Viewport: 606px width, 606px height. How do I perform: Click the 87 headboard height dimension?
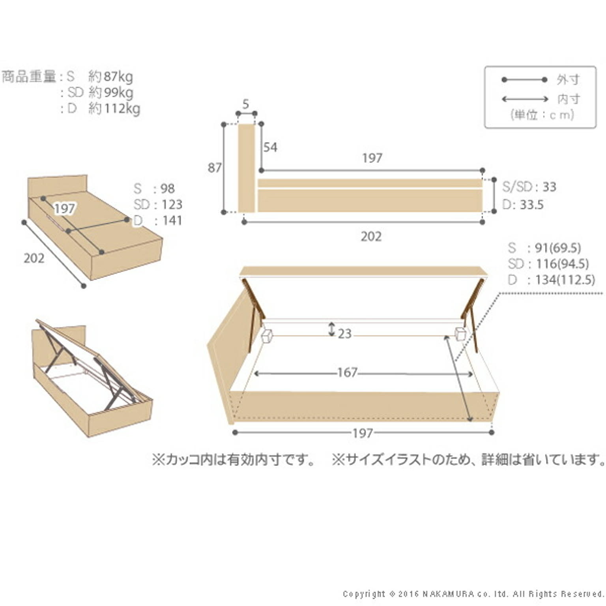[x=214, y=168]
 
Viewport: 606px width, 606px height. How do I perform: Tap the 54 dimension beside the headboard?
[x=270, y=147]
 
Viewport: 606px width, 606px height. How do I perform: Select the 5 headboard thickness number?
[x=246, y=104]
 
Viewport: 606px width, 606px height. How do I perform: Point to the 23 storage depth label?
[x=344, y=334]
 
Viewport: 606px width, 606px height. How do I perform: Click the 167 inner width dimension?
[x=347, y=372]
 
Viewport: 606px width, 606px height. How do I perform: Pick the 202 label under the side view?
[x=371, y=237]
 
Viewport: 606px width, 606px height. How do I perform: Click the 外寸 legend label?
[x=568, y=80]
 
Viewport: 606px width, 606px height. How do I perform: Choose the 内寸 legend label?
[x=568, y=99]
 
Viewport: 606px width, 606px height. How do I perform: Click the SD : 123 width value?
[x=158, y=204]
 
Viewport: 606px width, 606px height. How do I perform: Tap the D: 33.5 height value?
[x=523, y=205]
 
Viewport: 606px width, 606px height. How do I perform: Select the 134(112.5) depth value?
[x=565, y=280]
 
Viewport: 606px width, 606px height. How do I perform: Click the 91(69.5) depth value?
[x=557, y=248]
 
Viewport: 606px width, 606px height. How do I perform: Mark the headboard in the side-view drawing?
[x=246, y=168]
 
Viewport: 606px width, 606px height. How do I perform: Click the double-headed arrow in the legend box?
[x=525, y=99]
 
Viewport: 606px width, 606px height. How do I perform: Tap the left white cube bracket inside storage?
[x=267, y=336]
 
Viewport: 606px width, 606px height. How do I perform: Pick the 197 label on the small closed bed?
[x=64, y=208]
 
